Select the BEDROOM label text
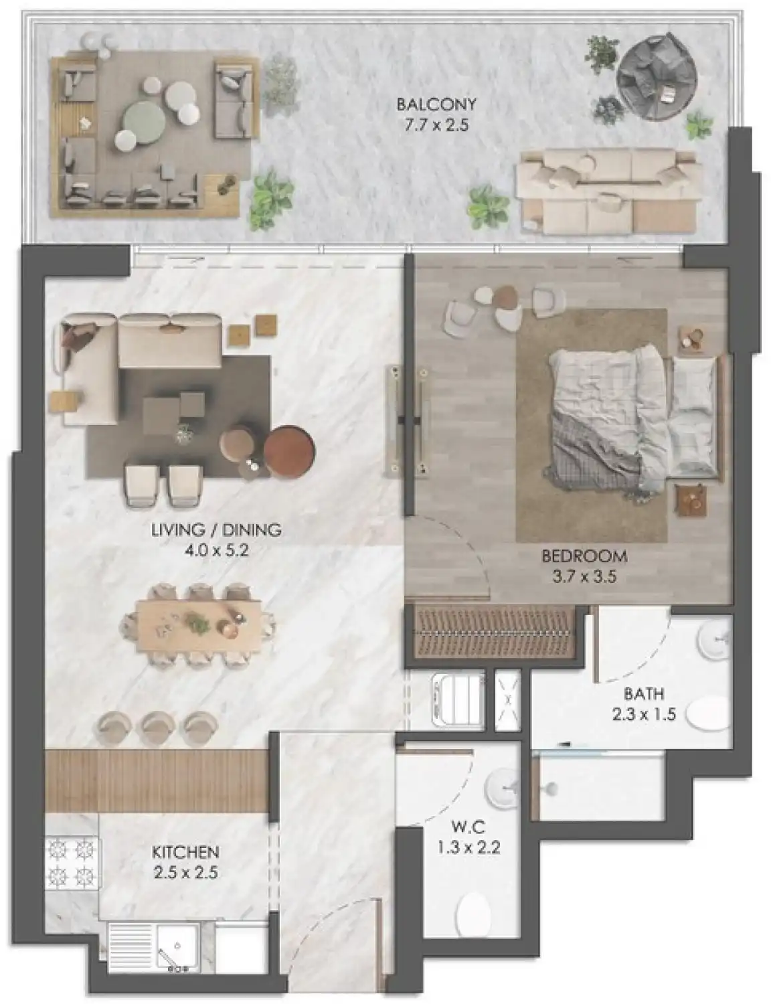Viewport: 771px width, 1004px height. point(584,556)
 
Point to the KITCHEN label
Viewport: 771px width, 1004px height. point(185,852)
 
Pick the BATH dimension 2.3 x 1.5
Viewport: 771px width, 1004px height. point(642,714)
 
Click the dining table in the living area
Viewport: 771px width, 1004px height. point(198,626)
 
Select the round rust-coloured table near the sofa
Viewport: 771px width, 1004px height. point(290,452)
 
